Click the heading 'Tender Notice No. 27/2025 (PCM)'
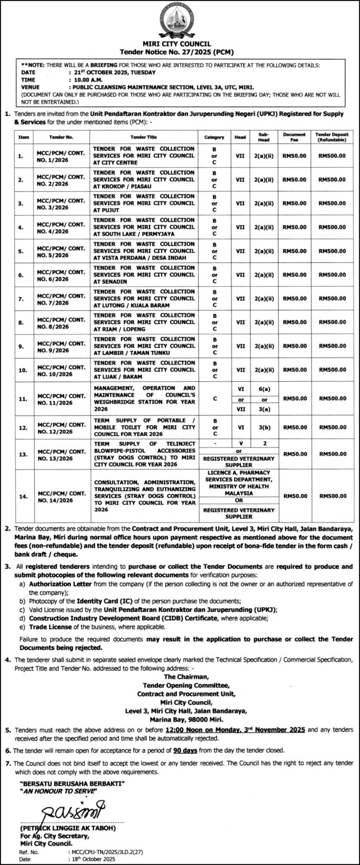(x=180, y=50)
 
